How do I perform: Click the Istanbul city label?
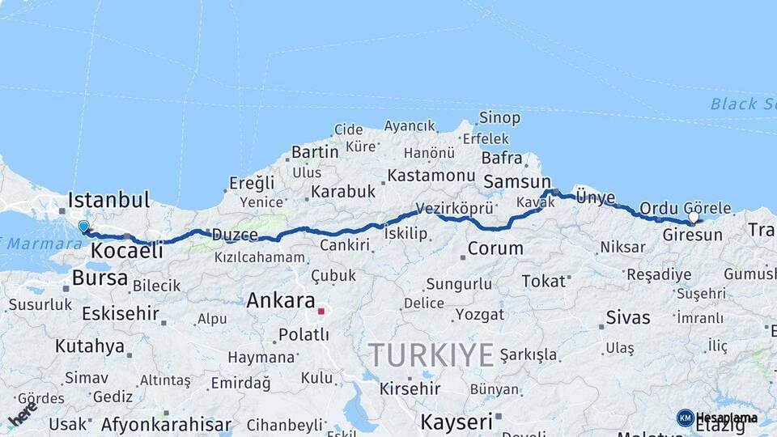[x=109, y=200]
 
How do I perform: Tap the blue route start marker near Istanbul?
[x=83, y=227]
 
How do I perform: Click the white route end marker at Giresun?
[x=694, y=218]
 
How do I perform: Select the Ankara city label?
[x=281, y=300]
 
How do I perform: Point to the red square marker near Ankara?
[x=321, y=311]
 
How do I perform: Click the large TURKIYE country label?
[x=431, y=354]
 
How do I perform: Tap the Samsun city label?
[x=516, y=182]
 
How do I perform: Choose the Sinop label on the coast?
[x=499, y=118]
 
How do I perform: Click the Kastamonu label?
[x=431, y=176]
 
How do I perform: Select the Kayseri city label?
[x=456, y=422]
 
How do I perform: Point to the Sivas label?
[x=629, y=315]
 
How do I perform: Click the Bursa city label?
[x=100, y=278]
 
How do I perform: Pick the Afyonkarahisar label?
[x=166, y=424]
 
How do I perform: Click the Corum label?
[x=495, y=248]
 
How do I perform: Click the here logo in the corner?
[x=23, y=414]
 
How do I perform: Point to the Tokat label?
[x=543, y=281]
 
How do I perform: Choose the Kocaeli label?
[x=126, y=251]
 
